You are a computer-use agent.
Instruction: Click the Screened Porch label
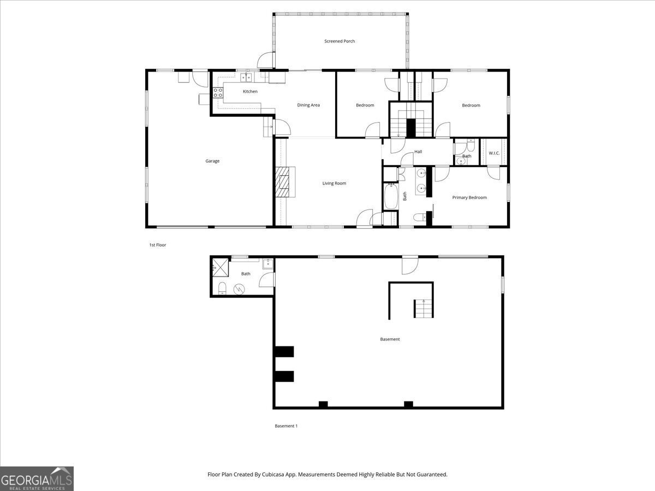340,41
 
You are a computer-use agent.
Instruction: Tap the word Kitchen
250,91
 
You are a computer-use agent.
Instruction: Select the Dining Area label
308,105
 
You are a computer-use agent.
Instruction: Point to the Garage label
212,161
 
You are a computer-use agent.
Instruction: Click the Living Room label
334,183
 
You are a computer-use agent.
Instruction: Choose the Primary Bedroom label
469,197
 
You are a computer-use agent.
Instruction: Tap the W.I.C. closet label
494,153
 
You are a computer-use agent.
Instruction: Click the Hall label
418,152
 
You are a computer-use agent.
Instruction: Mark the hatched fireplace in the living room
284,182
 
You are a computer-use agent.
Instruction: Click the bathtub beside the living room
391,197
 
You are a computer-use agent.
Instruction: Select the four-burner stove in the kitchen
218,93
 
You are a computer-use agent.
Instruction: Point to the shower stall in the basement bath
220,267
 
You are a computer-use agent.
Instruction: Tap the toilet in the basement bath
222,288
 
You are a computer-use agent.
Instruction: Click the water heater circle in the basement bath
239,289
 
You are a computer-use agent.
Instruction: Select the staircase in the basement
423,308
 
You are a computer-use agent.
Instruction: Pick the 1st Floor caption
158,245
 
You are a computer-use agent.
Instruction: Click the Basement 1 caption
286,426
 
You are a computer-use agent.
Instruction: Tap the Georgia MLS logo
37,478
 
